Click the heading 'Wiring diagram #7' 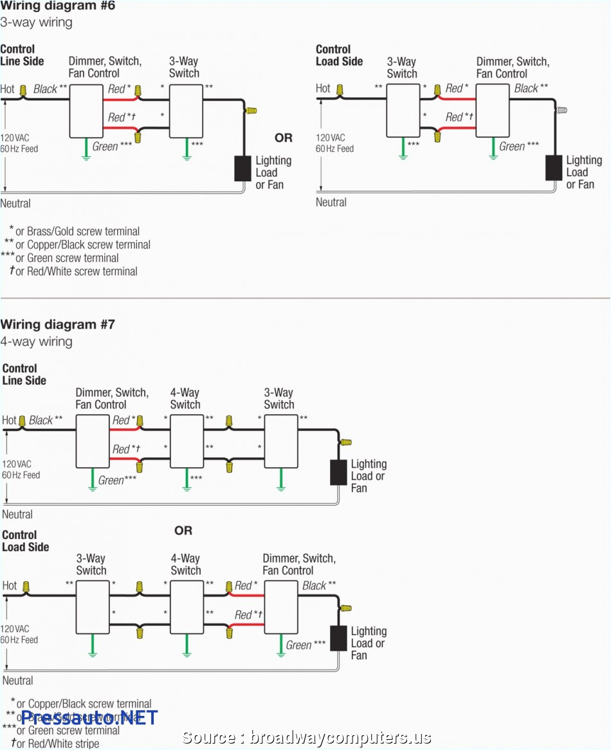tap(58, 324)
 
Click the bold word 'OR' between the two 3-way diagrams tap(283, 138)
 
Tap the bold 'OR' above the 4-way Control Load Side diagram tap(183, 531)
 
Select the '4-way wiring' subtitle tap(37, 342)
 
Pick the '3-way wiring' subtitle tap(37, 23)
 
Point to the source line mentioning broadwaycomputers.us tap(307, 737)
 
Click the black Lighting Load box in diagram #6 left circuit tap(242, 168)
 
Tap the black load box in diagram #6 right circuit tap(553, 167)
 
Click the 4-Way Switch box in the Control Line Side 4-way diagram tap(187, 441)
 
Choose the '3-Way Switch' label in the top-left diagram tap(184, 67)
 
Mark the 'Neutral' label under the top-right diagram tap(331, 202)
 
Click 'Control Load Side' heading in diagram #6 tap(339, 55)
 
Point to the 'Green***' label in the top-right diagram tap(519, 147)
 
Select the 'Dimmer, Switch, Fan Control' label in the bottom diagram tap(298, 564)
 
